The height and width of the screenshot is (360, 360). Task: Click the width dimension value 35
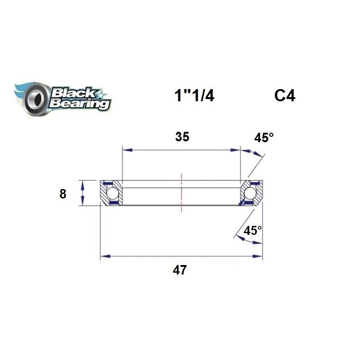point(182,137)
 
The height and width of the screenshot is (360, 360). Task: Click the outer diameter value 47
point(182,270)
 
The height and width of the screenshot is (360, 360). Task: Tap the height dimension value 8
point(63,194)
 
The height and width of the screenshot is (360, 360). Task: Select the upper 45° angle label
point(264,138)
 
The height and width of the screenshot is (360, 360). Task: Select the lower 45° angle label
point(252,231)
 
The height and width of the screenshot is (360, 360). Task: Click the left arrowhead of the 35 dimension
point(126,150)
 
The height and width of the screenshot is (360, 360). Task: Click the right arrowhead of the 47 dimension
point(258,257)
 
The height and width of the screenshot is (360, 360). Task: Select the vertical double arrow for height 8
point(82,193)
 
